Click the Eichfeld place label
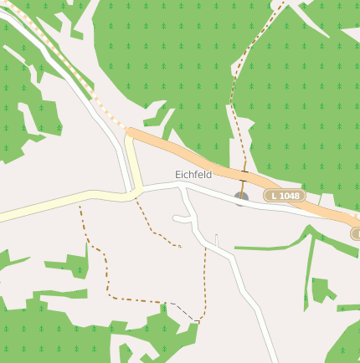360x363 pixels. click(x=193, y=174)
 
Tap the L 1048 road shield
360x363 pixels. click(x=285, y=195)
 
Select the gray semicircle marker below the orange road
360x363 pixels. click(x=242, y=199)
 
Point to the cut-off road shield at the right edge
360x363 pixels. click(x=356, y=233)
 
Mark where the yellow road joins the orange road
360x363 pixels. click(x=129, y=134)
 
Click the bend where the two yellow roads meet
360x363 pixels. click(x=131, y=195)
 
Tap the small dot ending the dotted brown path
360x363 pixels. click(x=180, y=246)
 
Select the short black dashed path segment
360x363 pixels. click(x=183, y=309)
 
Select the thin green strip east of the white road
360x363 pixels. click(x=268, y=246)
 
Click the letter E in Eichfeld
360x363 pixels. click(x=177, y=174)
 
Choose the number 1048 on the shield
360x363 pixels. click(x=289, y=195)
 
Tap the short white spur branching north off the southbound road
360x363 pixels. click(x=216, y=241)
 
